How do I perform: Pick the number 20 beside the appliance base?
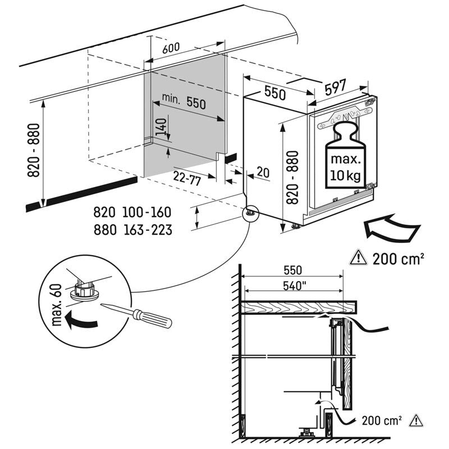(x=262, y=172)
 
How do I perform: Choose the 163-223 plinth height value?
(x=147, y=230)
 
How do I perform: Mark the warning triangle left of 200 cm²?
(x=358, y=258)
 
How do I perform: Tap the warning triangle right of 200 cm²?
(x=416, y=419)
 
